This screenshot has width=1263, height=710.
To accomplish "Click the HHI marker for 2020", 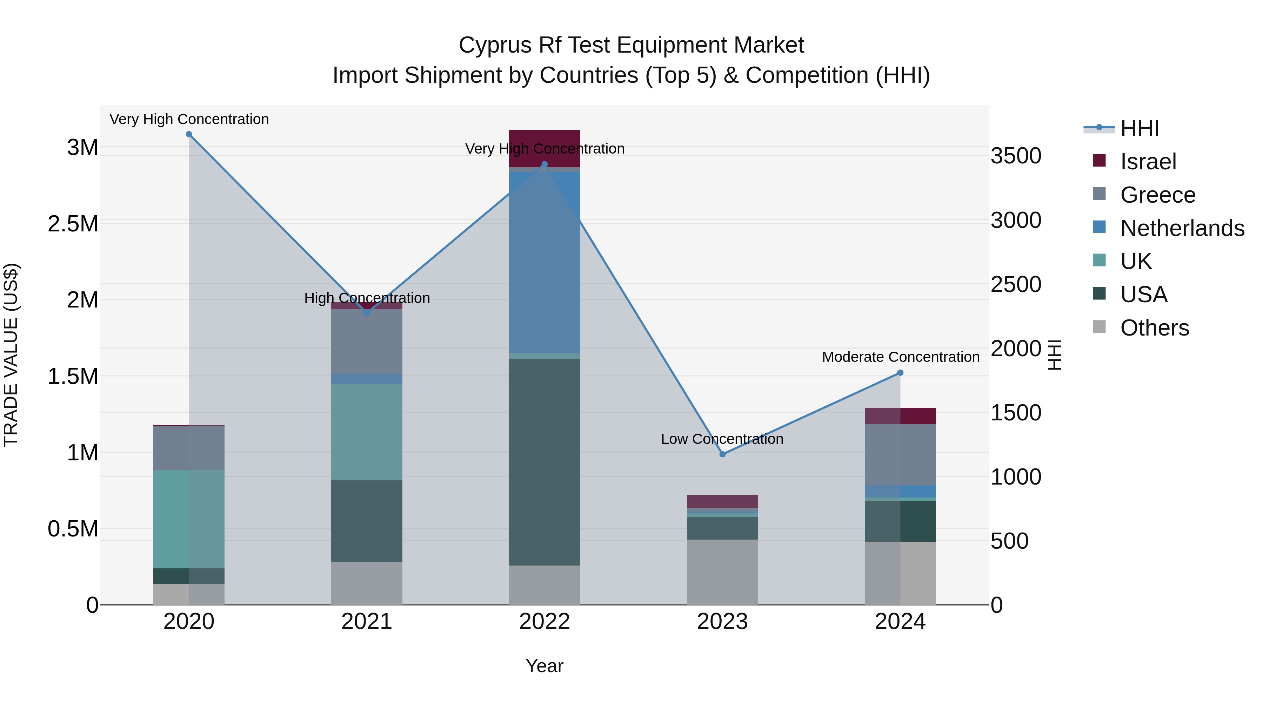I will pos(189,134).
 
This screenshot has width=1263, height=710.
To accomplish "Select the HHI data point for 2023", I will pos(722,454).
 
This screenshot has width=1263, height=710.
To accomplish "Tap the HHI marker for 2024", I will pos(900,373).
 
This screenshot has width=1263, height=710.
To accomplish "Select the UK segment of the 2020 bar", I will pos(189,519).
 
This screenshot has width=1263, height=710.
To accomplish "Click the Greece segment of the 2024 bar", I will pos(900,455).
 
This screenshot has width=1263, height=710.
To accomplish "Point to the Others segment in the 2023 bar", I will pos(722,572).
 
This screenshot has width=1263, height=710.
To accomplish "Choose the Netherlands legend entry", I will pos(1182,228).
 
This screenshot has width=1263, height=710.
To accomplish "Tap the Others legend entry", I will pos(1154,328).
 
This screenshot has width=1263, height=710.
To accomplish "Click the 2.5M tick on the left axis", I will pos(73,224).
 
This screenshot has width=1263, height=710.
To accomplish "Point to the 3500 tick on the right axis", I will pos(1015,156).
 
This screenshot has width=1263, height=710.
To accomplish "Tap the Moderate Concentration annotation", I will pos(900,357).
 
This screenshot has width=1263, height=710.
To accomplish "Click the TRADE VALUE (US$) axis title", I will pos(11,355).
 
